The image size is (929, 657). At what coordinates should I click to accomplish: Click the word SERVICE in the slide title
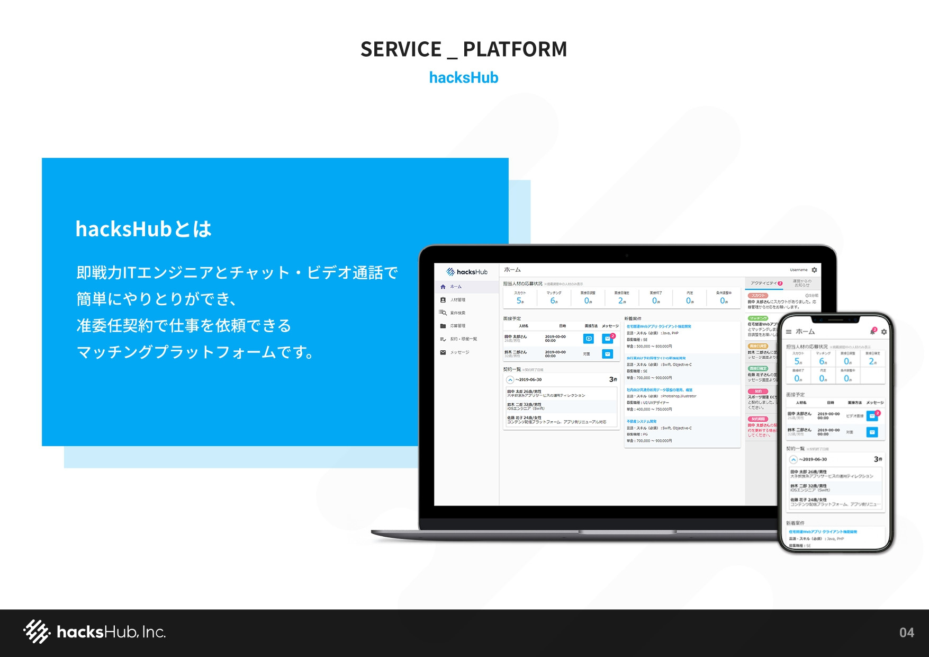tap(401, 49)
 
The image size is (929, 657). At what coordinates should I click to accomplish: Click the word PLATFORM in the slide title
tap(515, 49)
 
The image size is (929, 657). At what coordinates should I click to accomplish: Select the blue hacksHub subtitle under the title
tap(464, 78)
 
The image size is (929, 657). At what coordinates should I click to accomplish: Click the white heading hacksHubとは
tap(143, 229)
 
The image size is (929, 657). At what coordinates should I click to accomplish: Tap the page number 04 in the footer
tap(906, 633)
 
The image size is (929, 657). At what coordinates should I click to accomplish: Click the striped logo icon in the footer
tap(37, 632)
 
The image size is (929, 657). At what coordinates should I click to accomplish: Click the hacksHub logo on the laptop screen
tap(466, 272)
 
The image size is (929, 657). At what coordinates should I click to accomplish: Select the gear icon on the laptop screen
tap(814, 270)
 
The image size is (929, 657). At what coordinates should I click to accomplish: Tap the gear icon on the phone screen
tap(883, 332)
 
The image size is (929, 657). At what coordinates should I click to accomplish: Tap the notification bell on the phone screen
tap(873, 331)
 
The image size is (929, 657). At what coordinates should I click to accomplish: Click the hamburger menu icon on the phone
tap(789, 332)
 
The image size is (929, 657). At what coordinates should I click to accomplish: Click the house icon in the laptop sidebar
tap(443, 287)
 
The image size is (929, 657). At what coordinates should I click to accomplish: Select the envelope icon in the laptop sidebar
tap(443, 352)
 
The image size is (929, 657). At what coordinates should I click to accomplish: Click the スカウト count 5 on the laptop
tap(519, 300)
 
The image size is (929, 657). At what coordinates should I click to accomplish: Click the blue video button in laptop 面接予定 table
tap(589, 339)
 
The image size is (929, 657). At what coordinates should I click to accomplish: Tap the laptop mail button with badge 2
tap(608, 339)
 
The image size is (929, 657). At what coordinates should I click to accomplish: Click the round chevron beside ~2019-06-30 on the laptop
tap(510, 379)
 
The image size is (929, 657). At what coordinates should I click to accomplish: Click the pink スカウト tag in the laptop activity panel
tap(758, 296)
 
